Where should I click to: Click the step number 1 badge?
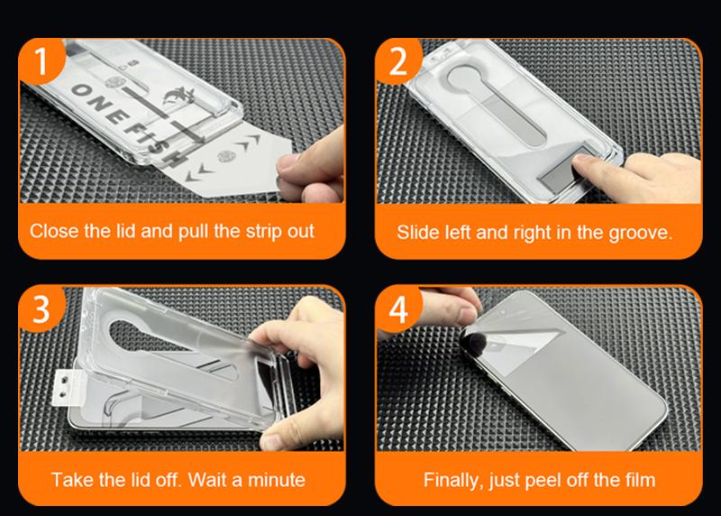(41, 60)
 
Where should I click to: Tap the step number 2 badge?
(398, 60)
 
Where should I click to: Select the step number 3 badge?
(41, 309)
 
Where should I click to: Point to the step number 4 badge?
(398, 309)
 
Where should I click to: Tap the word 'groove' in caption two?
(640, 233)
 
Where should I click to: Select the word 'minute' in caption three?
(277, 480)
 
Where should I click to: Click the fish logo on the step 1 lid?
(179, 97)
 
